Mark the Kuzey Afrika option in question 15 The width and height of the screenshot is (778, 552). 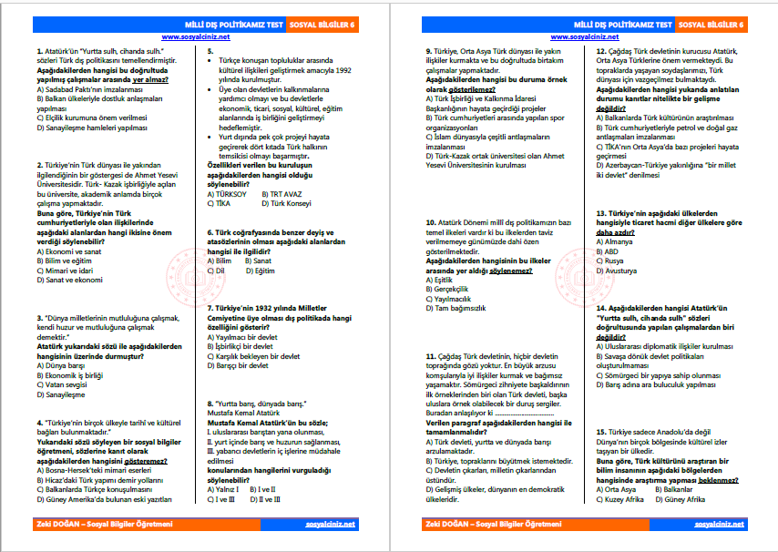[x=624, y=500]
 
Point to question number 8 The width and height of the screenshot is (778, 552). [x=210, y=402]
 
